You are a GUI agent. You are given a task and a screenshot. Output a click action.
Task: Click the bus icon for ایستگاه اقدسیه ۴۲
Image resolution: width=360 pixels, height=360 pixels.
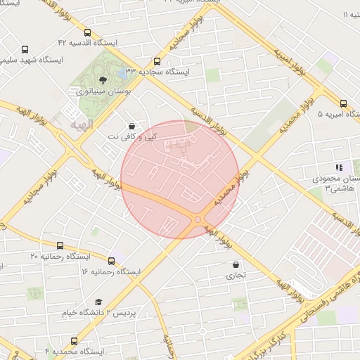87,32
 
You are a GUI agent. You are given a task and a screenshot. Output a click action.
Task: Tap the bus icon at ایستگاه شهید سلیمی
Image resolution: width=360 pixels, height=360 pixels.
25,50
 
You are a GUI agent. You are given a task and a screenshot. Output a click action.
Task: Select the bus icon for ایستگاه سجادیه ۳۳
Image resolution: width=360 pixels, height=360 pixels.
156,60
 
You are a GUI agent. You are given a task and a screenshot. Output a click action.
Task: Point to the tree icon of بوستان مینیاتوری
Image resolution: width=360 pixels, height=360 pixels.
103,80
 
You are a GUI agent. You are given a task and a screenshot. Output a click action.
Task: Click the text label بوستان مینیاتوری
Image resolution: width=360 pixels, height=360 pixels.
103,91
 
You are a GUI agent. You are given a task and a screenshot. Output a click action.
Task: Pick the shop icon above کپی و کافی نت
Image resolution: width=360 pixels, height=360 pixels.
131,126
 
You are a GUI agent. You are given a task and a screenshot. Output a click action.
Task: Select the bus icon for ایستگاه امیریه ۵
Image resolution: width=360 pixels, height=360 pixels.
343,103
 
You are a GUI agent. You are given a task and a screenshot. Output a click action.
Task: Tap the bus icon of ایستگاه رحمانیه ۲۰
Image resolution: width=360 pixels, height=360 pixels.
60,246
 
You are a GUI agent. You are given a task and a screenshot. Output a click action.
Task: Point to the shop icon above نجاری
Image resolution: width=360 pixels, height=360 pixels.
236,265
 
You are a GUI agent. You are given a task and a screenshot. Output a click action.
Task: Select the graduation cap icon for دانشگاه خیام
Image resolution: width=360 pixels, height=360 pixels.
98,302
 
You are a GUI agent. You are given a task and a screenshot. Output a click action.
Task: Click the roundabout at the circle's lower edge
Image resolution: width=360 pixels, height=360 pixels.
198,220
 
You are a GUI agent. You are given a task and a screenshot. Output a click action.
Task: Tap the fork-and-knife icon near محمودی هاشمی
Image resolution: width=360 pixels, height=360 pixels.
339,168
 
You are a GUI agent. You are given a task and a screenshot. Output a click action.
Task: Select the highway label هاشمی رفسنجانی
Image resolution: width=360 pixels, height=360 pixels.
323,291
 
